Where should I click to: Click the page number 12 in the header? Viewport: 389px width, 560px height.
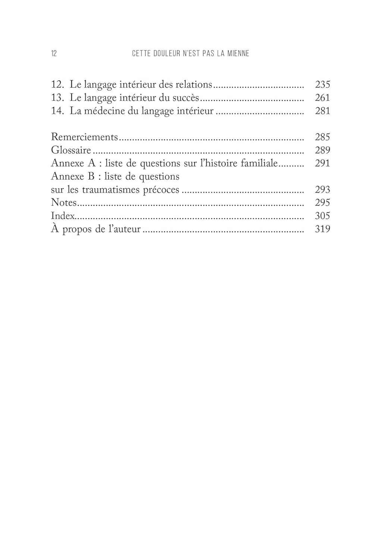click(54, 53)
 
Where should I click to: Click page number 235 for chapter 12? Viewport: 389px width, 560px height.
click(322, 84)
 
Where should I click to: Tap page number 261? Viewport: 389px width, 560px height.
click(322, 98)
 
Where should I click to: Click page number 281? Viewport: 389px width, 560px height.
click(322, 111)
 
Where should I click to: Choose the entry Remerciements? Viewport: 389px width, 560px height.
click(84, 137)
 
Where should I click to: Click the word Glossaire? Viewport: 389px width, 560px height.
click(71, 150)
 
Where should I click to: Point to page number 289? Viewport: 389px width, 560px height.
click(322, 150)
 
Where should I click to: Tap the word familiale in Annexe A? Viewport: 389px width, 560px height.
click(259, 163)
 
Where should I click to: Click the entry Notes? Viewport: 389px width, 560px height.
click(63, 203)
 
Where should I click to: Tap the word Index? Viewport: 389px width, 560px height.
click(63, 216)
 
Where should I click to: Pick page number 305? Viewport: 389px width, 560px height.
click(322, 216)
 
